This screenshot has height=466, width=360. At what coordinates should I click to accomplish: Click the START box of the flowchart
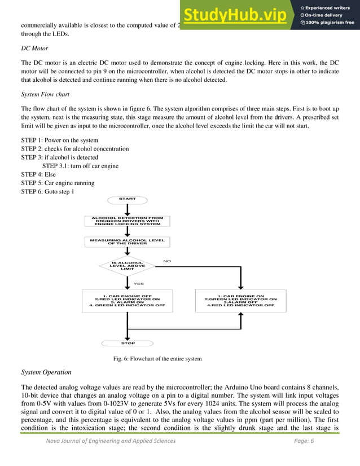pos(127,199)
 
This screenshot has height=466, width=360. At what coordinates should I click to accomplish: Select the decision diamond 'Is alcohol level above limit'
pos(127,265)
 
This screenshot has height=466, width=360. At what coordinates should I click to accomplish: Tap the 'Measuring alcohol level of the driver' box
pos(127,241)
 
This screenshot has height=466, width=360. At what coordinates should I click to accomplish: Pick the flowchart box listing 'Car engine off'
pos(127,300)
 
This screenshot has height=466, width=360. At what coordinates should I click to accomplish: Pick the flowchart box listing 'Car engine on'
pos(240,300)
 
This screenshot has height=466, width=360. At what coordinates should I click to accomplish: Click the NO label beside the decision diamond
pos(166,261)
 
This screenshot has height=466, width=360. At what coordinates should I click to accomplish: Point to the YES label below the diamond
pos(138,284)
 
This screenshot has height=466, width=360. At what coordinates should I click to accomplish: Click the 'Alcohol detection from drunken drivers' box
pos(127,221)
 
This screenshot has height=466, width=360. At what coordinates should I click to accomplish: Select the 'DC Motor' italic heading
pos(34,49)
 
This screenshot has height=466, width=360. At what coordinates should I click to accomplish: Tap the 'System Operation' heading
pos(46,372)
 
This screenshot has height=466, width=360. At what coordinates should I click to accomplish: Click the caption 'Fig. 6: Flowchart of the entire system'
pos(157,359)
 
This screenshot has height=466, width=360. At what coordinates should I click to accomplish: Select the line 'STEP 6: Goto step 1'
pos(50,192)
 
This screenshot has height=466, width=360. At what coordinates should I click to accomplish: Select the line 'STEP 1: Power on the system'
pos(59,140)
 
